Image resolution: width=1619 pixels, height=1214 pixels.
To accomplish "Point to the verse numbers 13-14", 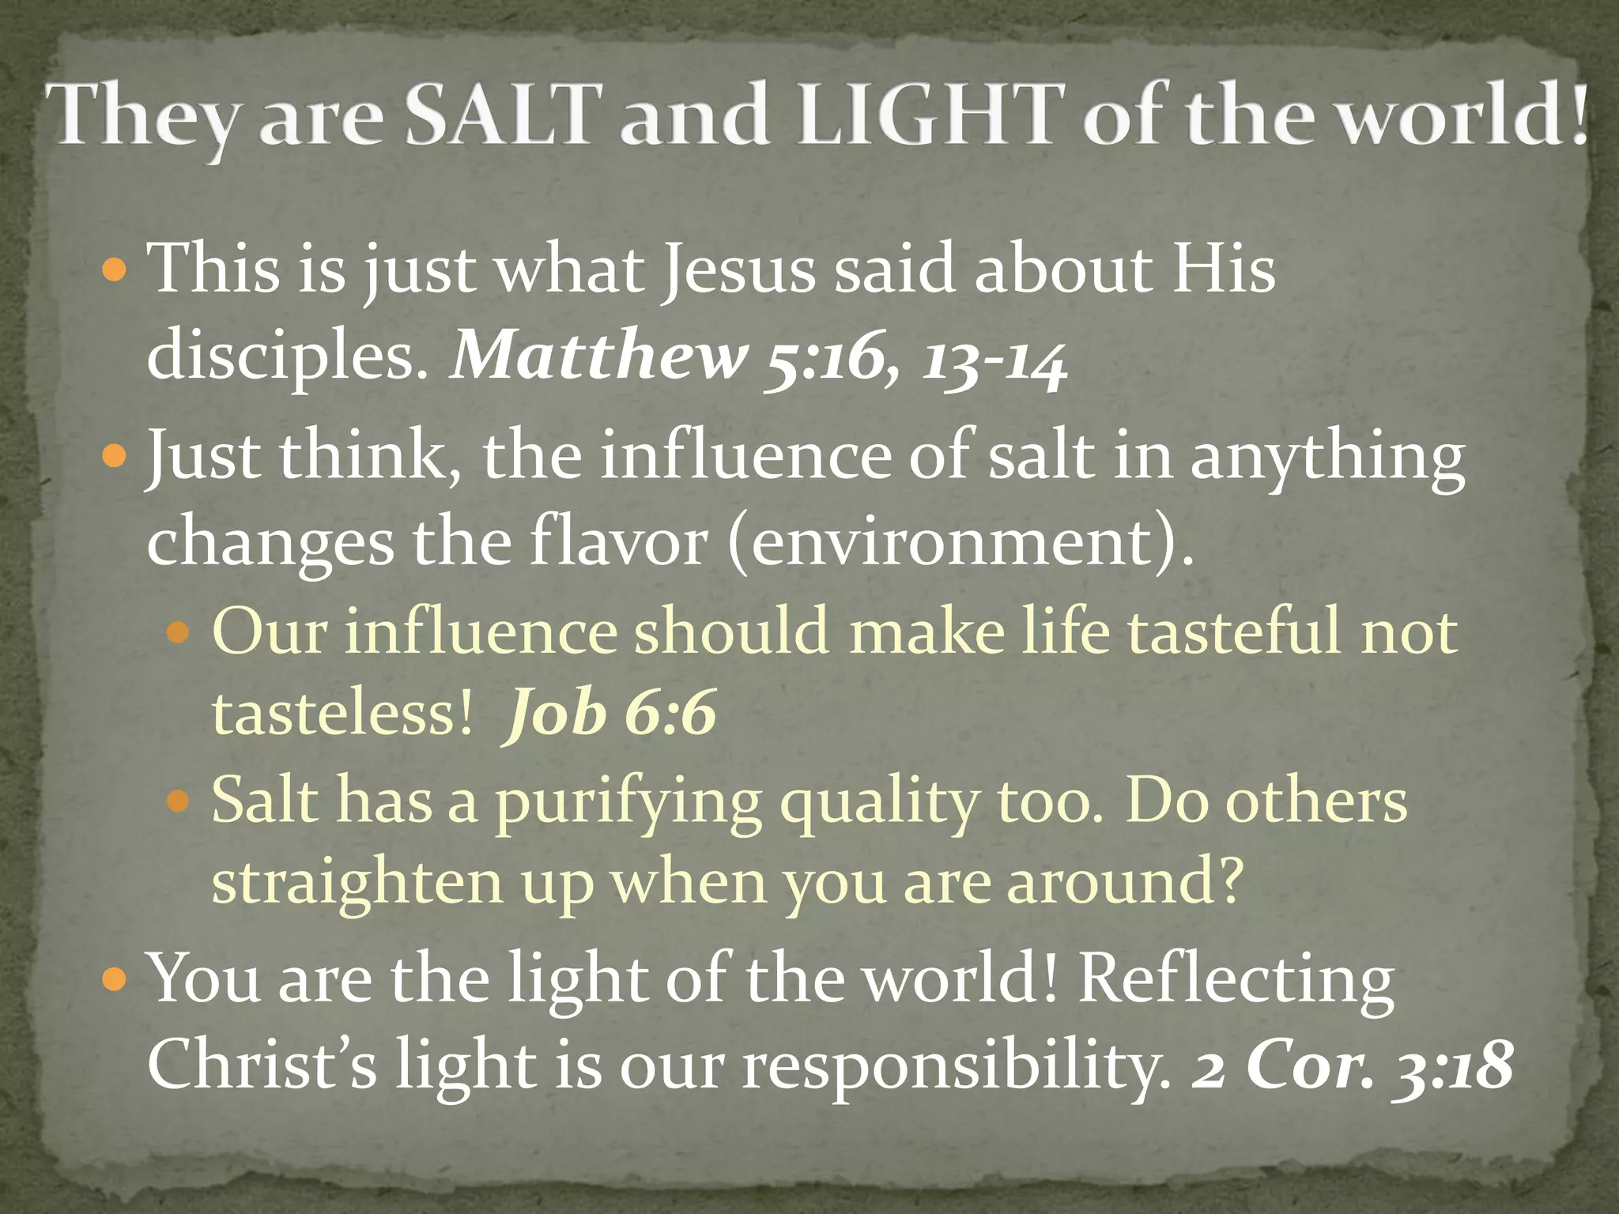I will pyautogui.click(x=994, y=360).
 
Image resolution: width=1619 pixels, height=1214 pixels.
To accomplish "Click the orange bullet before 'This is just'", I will pyautogui.click(x=115, y=270).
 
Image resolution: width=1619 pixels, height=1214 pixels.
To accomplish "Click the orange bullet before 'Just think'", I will pyautogui.click(x=115, y=457).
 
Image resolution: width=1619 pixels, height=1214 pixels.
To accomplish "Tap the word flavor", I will pyautogui.click(x=618, y=543).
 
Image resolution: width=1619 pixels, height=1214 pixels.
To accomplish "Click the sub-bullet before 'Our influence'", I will pyautogui.click(x=179, y=632).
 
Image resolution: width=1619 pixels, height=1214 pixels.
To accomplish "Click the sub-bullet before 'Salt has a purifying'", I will pyautogui.click(x=179, y=801).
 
